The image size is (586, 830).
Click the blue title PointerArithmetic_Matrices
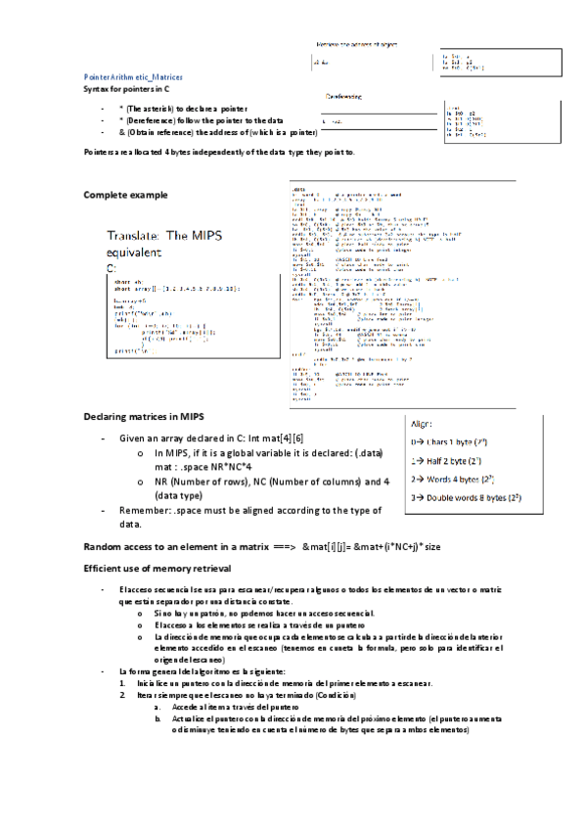[132, 76]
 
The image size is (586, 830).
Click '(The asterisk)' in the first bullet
[151, 108]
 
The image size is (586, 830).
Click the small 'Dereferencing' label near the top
[342, 97]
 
